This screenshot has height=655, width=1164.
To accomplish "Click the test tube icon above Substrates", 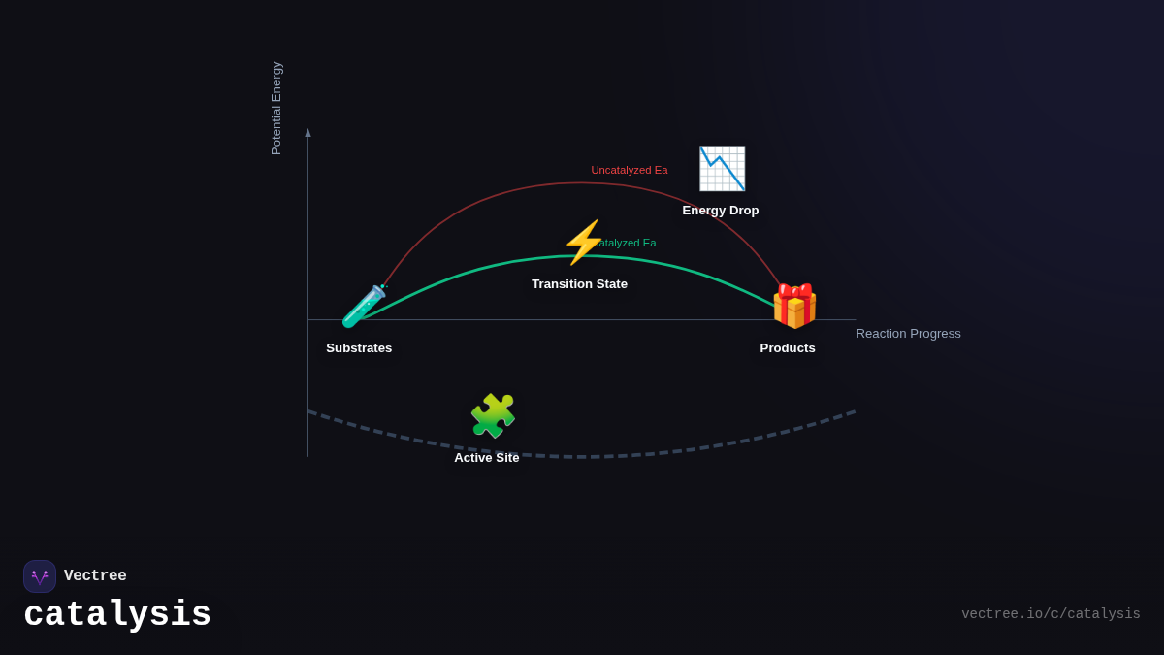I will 364,307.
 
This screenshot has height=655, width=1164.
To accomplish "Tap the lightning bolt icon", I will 583,243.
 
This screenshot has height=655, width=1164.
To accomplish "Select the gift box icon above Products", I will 793,307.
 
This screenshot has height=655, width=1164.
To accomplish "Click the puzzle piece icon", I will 493,415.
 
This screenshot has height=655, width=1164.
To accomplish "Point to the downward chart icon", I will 722,169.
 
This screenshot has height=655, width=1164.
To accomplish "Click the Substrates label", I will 359,348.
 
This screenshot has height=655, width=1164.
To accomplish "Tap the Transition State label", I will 579,284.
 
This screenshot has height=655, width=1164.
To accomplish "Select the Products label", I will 788,348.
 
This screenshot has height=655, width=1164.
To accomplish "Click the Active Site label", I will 487,458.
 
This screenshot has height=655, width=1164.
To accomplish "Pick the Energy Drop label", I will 721,211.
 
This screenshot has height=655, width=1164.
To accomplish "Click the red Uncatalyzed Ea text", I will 630,171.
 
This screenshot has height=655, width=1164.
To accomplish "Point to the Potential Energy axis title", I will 276,109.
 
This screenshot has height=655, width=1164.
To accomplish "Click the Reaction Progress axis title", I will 908,334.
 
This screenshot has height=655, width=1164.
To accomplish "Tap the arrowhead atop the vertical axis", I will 308,133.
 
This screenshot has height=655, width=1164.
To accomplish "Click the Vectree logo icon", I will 40,576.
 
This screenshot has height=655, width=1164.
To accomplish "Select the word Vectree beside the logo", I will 95,576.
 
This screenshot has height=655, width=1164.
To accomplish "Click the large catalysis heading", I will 117,615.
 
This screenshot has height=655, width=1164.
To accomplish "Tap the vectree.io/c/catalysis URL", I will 1051,614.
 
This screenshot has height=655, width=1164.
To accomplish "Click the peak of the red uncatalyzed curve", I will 581,183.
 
